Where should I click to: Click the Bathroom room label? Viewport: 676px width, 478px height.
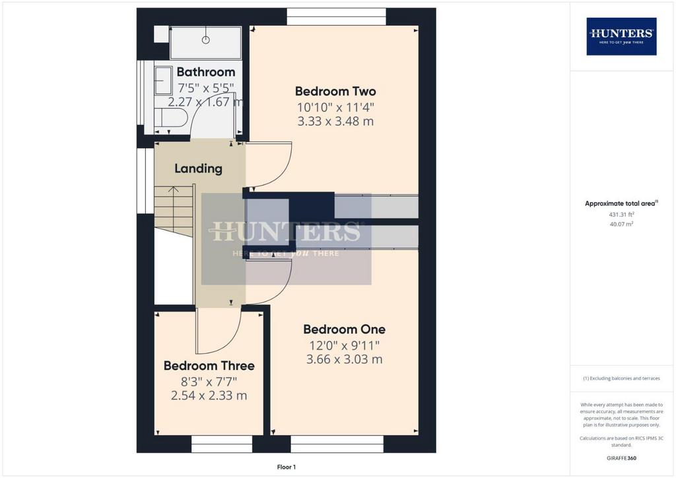(x=206, y=72)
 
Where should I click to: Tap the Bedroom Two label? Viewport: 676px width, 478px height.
(x=335, y=91)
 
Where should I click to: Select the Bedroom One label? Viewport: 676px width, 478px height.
(x=344, y=329)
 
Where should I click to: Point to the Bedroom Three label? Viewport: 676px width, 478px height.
(x=209, y=366)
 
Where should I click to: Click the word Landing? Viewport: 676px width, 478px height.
(x=198, y=168)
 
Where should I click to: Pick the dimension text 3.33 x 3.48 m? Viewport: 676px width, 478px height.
(x=335, y=121)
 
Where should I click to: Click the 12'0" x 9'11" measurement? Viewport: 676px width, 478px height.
(x=344, y=345)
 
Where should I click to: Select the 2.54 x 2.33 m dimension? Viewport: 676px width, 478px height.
(x=209, y=395)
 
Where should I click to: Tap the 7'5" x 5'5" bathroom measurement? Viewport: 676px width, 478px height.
(x=206, y=88)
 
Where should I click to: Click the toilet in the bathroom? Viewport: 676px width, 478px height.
(x=171, y=118)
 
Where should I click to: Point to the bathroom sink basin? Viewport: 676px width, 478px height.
(x=164, y=81)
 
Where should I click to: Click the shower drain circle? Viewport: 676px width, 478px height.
(x=206, y=40)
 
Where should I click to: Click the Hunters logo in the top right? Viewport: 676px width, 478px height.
(x=621, y=36)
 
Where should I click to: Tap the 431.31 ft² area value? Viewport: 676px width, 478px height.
(x=621, y=214)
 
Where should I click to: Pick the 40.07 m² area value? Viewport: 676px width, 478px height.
(x=621, y=224)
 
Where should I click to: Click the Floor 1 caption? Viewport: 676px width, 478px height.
(x=287, y=467)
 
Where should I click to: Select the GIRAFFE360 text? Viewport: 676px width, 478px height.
(x=621, y=458)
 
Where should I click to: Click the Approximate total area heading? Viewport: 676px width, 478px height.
(x=621, y=203)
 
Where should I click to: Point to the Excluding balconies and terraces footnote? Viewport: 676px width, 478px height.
(x=621, y=378)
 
